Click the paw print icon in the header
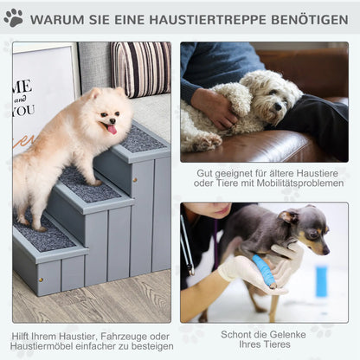pos(14,18)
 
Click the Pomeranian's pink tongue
pos(110,129)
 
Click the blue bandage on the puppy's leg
pos(264,271)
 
